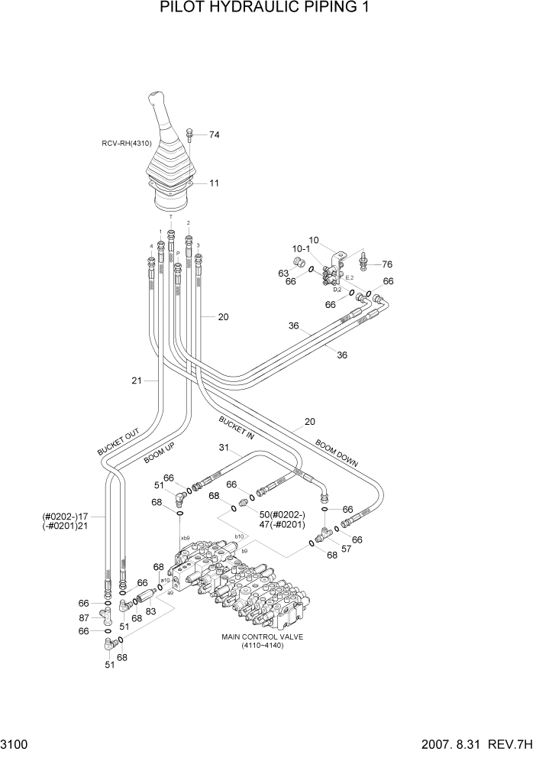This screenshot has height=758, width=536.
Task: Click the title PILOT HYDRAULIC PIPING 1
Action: pyautogui.click(x=267, y=9)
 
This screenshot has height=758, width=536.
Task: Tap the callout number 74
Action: pyautogui.click(x=214, y=135)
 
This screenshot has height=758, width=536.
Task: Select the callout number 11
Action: pyautogui.click(x=215, y=183)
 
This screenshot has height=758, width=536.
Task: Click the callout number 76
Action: pyautogui.click(x=387, y=264)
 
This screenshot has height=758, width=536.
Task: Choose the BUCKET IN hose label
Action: pyautogui.click(x=236, y=429)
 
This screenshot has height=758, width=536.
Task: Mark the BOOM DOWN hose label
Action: pyautogui.click(x=336, y=453)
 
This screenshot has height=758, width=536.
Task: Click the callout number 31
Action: pyautogui.click(x=224, y=448)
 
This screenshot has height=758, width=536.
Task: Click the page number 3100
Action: pyautogui.click(x=16, y=743)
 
